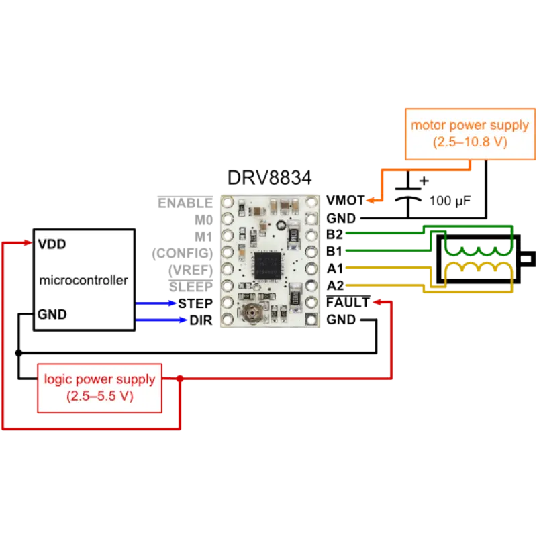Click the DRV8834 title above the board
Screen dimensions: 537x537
(x=268, y=179)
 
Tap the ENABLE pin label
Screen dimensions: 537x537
(x=185, y=202)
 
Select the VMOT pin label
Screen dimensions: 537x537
(x=345, y=200)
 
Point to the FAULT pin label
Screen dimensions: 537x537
(x=348, y=302)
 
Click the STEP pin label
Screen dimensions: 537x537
(x=197, y=303)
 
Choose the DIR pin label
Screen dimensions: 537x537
(x=201, y=320)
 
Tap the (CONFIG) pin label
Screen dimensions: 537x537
(x=183, y=253)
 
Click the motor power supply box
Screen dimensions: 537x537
(x=469, y=133)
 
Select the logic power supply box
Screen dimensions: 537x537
(x=99, y=388)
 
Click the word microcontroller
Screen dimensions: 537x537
(x=83, y=280)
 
